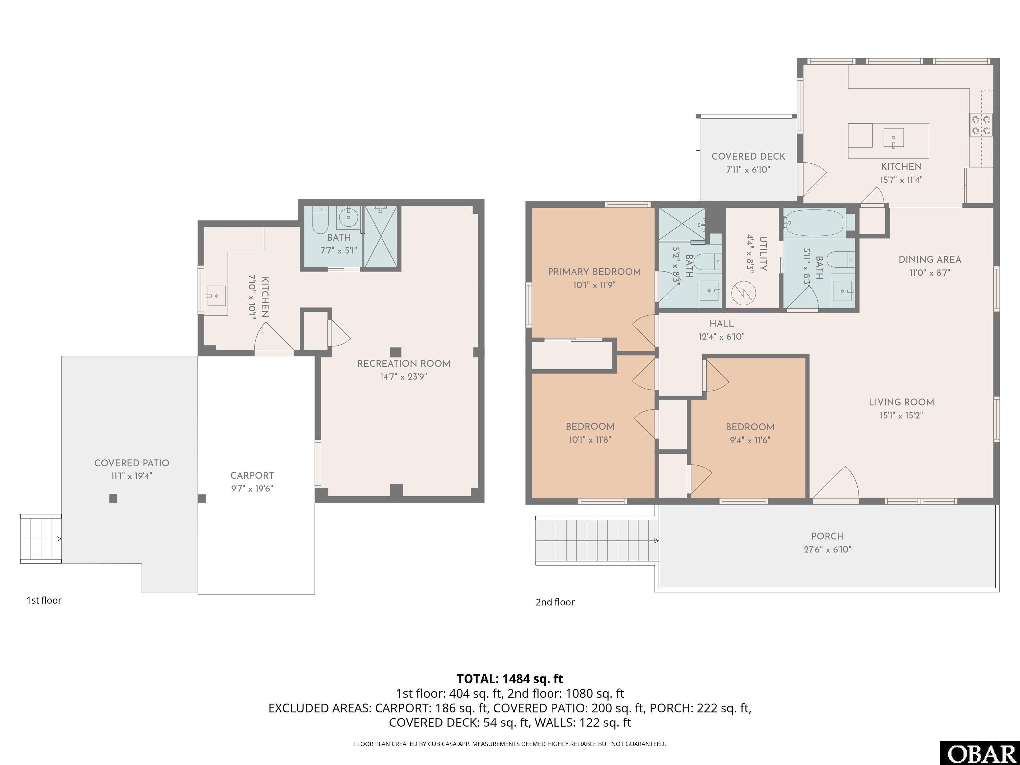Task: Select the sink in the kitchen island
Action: pos(893,138)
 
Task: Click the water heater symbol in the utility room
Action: pos(744,292)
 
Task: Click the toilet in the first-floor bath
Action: pos(320,220)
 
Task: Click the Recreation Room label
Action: pos(403,363)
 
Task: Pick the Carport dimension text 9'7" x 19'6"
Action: pos(252,489)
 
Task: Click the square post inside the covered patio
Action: pos(113,498)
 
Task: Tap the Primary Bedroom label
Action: pos(594,272)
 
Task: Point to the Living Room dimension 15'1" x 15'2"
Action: pos(901,415)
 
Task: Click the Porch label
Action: pos(828,536)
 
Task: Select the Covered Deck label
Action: pos(748,156)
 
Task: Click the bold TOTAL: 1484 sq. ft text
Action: pos(510,679)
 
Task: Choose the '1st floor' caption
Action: pos(44,600)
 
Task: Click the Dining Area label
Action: pos(930,259)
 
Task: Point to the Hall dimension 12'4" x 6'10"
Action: pos(722,337)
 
